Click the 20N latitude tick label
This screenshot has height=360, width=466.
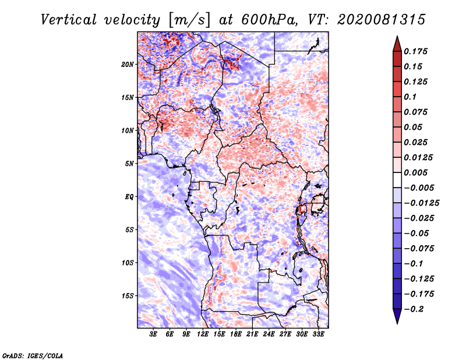coord(128,65)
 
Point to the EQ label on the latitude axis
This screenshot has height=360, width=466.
coord(129,197)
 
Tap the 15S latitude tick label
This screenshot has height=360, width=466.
coord(128,296)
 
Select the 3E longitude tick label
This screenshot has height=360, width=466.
coord(153,334)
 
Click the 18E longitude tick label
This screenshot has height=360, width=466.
coord(236,334)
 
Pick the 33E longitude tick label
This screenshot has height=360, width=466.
coord(318,334)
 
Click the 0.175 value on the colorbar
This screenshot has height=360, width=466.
coord(415,51)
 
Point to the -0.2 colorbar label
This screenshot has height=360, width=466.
coord(414,309)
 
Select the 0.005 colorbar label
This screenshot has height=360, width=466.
coord(415,172)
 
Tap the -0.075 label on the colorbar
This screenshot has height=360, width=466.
coord(419,249)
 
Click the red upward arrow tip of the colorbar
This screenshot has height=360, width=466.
coord(397,37)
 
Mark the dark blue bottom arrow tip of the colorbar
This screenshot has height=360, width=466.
coord(397,323)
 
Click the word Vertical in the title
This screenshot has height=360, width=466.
coord(69,20)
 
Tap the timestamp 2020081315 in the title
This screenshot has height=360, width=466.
coord(382,20)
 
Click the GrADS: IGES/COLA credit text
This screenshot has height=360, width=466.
coord(33,356)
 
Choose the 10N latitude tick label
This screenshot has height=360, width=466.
coord(128,130)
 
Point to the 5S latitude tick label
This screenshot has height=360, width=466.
coord(129,230)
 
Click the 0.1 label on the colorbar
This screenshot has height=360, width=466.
coord(410,97)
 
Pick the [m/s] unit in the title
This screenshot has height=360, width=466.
coord(189,20)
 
